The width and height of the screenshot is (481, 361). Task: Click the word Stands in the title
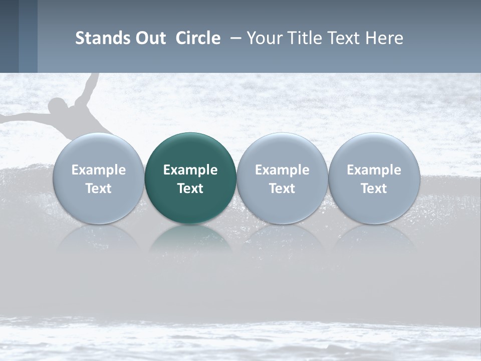coord(97,38)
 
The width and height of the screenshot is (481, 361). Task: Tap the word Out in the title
coord(149,38)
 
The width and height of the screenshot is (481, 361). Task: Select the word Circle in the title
coord(198,38)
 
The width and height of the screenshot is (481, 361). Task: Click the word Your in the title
coord(264,38)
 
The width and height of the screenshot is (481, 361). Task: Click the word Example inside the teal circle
coord(190,170)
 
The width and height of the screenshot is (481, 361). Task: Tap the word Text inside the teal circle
coord(190,189)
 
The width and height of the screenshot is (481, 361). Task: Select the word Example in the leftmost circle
coord(98,170)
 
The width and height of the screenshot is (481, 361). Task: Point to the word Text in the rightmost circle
coord(374,189)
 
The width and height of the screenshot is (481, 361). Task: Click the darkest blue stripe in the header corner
coord(9,36)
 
